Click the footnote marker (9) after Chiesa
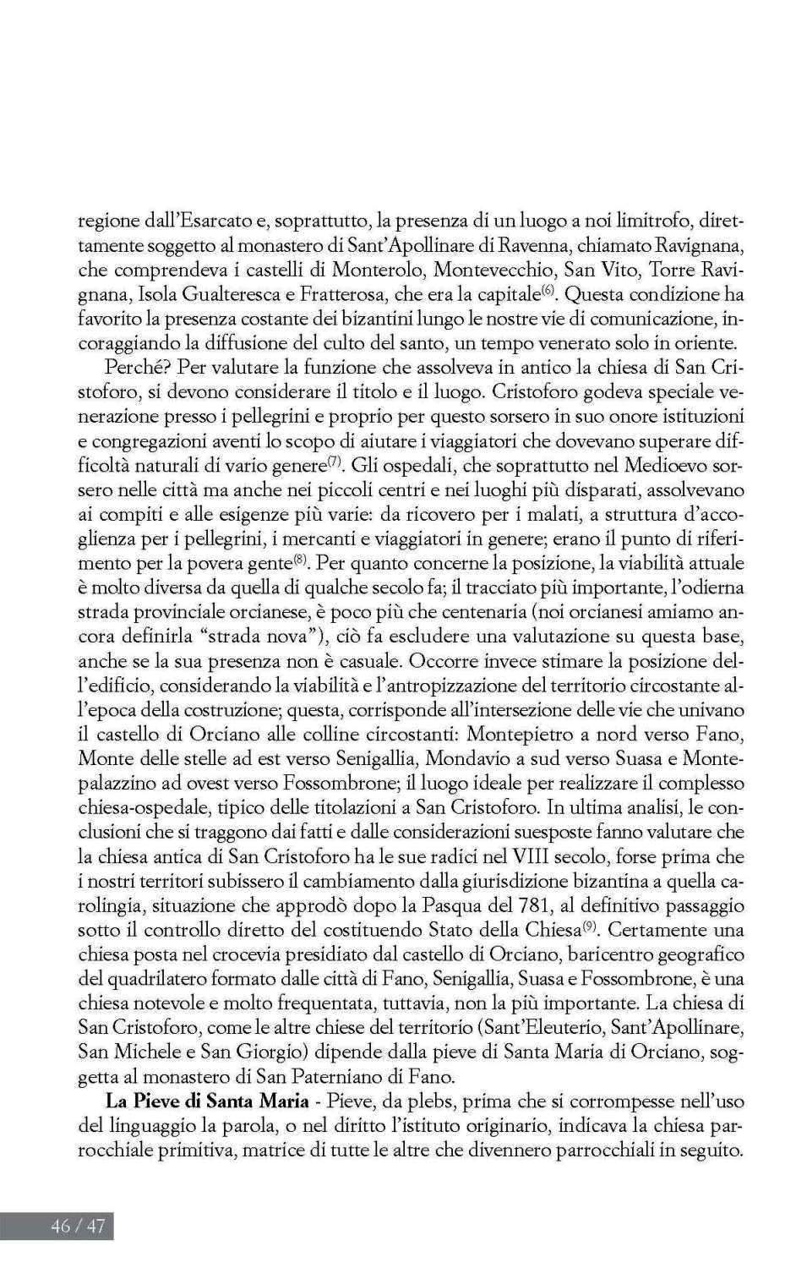coord(591,926)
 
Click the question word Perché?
coord(131,368)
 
